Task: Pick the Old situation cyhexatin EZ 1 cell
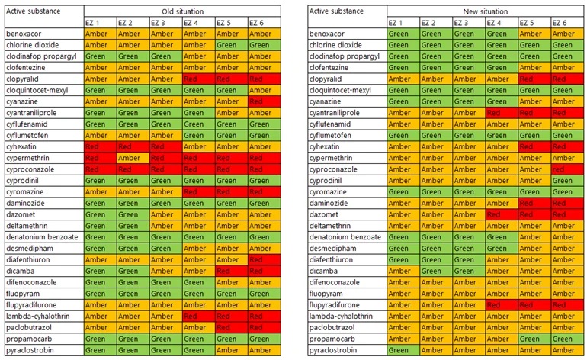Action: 99,146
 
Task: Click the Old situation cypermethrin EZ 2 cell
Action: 133,158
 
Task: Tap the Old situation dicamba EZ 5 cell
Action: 231,271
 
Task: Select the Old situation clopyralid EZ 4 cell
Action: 198,79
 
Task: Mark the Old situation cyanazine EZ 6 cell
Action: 264,101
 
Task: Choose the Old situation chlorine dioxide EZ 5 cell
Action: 231,45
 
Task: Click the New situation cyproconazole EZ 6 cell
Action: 566,169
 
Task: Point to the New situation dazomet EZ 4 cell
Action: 501,214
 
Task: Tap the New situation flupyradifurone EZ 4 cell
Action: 501,304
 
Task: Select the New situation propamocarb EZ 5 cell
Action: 534,339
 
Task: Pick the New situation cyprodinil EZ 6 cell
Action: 566,181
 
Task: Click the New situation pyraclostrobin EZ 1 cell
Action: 403,350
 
